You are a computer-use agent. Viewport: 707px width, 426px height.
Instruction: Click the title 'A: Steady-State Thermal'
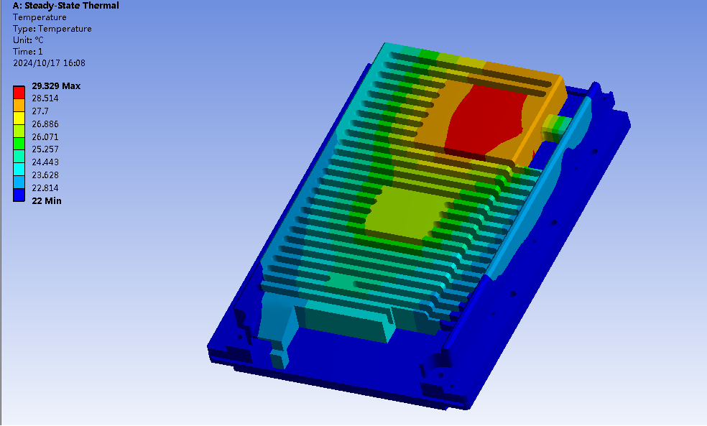coord(66,6)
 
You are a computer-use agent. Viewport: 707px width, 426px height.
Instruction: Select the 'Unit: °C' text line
coord(29,40)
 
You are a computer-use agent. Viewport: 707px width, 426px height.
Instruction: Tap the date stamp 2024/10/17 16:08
coord(49,63)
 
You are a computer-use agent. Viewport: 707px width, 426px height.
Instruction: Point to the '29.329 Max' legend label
coord(56,86)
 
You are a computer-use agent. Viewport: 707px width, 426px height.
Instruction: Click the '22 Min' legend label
coord(47,201)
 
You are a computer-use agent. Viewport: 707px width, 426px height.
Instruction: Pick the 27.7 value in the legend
coord(40,111)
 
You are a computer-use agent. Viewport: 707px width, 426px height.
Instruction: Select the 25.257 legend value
coord(45,149)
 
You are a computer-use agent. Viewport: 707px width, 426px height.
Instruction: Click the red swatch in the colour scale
coord(19,93)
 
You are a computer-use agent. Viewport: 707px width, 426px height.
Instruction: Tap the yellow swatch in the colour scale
coord(19,118)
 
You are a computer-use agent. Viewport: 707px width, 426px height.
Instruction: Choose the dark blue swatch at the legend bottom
coord(19,195)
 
